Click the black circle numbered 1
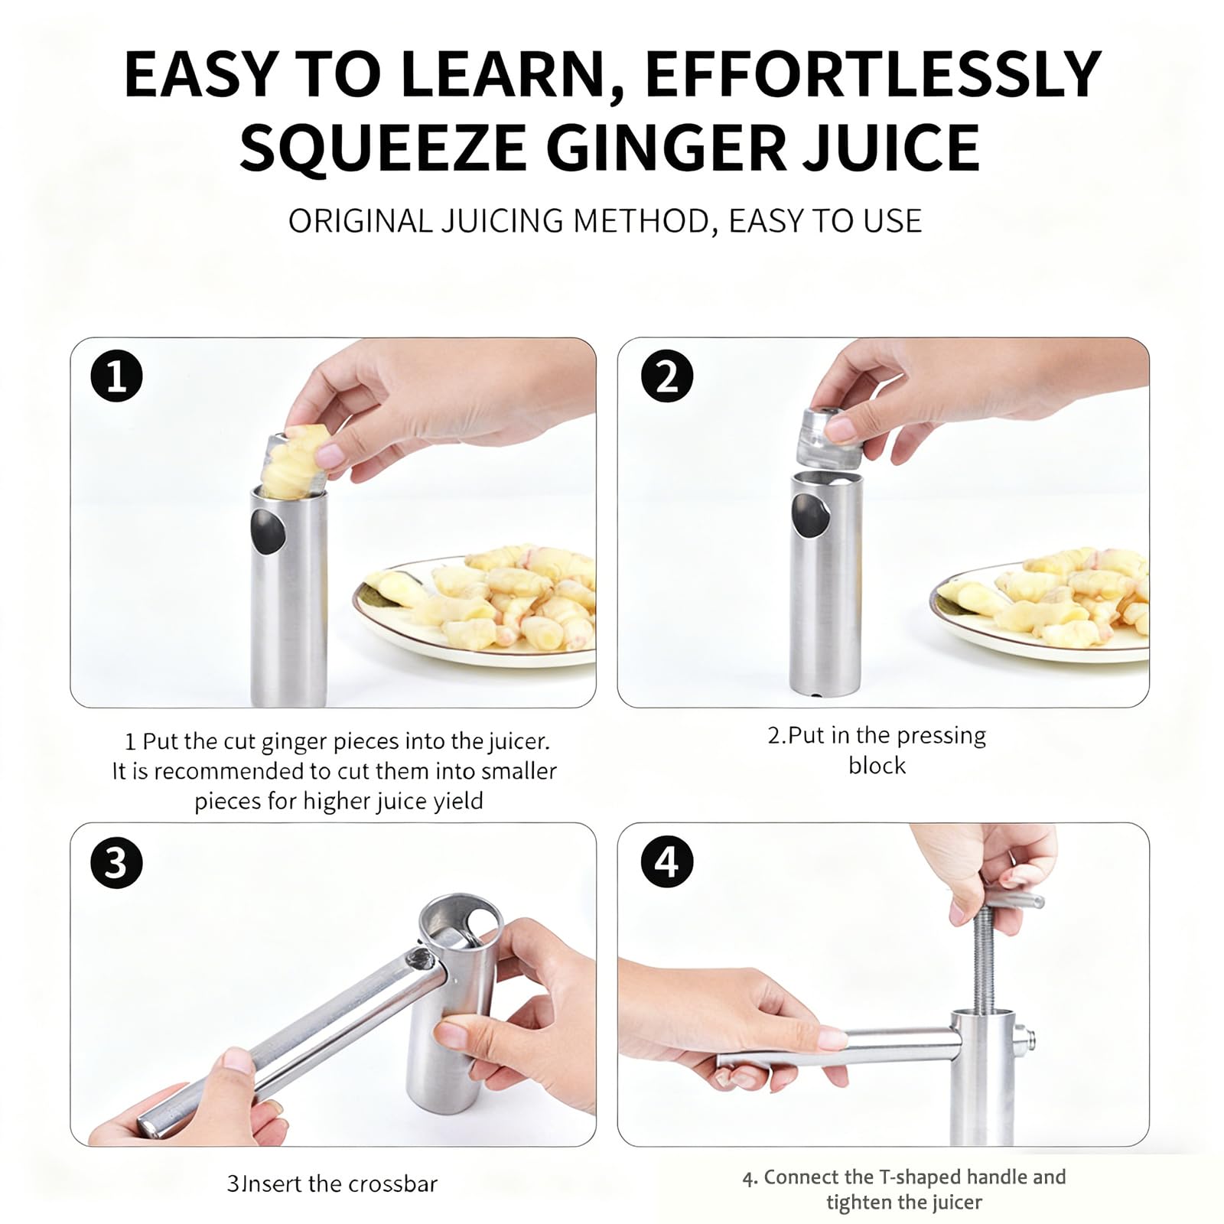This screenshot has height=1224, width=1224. (x=116, y=376)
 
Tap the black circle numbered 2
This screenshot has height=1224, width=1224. (x=667, y=376)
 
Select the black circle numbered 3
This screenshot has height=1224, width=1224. (x=116, y=862)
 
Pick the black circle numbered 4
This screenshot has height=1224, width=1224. (x=667, y=862)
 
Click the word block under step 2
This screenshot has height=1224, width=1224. (x=877, y=765)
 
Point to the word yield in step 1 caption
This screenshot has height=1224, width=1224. (x=458, y=802)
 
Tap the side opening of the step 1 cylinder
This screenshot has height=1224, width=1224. (x=268, y=529)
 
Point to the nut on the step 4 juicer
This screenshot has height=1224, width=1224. (x=1024, y=1040)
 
